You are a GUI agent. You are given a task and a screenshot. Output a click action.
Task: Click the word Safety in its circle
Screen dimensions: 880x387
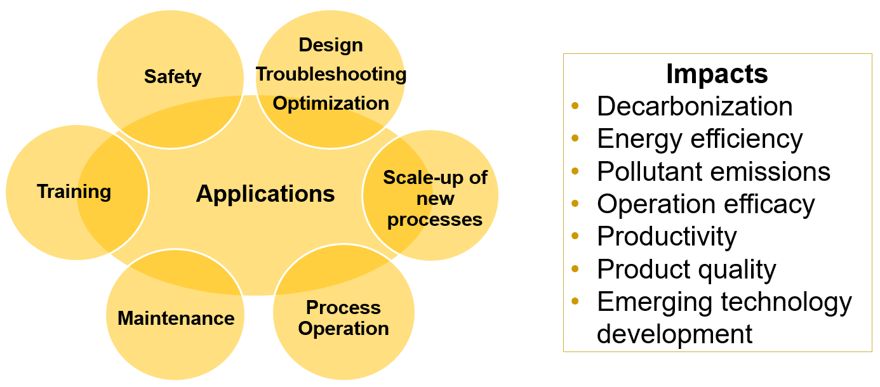[x=173, y=77]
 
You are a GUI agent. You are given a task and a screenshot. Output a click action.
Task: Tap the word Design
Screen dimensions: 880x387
[x=331, y=46]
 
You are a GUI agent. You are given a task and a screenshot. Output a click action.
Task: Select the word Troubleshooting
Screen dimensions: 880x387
[x=331, y=74]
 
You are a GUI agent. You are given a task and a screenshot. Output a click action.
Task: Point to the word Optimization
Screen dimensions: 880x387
[x=331, y=103]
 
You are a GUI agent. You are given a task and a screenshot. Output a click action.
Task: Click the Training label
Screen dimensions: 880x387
[x=74, y=192]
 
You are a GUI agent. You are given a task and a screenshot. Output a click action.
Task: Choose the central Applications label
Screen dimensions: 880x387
[x=265, y=194]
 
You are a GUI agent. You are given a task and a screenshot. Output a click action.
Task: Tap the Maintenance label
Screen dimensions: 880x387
[x=176, y=318]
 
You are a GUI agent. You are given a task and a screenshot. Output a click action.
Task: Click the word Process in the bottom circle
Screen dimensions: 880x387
[x=343, y=307]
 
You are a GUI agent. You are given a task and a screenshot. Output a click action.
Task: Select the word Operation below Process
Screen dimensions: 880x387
[x=343, y=329]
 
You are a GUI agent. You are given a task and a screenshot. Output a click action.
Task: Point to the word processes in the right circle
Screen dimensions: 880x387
[x=435, y=220]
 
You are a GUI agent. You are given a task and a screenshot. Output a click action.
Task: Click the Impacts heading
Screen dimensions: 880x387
[x=717, y=74]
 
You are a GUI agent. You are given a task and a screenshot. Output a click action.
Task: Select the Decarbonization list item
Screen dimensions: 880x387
[x=695, y=107]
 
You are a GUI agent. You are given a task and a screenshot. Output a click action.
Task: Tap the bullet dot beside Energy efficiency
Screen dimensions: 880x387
[x=575, y=138]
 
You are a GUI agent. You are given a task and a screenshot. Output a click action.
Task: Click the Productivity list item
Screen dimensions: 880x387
[x=667, y=237]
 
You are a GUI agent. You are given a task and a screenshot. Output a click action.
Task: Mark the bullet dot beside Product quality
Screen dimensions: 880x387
[x=575, y=268]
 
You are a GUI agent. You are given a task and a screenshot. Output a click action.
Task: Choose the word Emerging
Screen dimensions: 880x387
[x=654, y=303]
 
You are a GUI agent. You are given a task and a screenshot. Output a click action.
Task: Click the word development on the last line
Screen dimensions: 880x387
[x=674, y=334]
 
